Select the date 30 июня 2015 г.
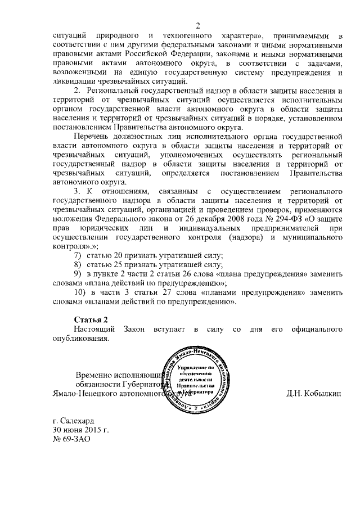tap(80, 430)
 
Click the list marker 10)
tap(80, 292)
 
